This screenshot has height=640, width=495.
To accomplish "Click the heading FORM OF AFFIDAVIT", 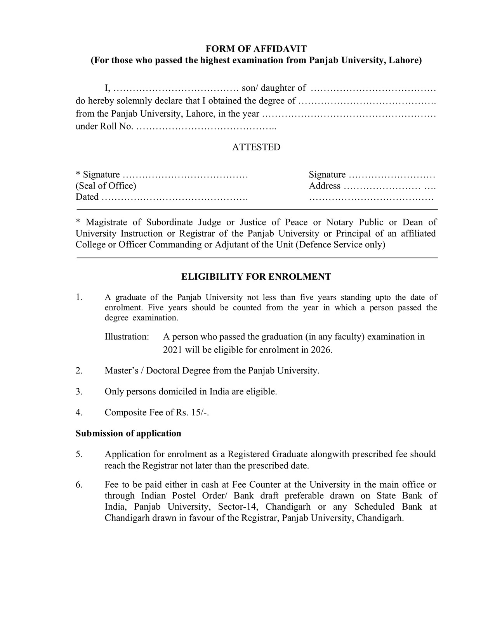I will pos(256,49).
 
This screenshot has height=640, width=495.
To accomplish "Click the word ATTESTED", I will pos(256,147).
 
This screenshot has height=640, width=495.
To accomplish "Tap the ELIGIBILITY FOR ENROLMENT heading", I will pos(256,277).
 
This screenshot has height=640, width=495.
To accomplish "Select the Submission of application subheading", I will pos(128,433).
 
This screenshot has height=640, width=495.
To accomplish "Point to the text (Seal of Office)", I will pos(106,186).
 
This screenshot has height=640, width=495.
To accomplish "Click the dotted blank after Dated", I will pos(174,197).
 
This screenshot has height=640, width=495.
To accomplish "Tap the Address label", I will pos(324,186).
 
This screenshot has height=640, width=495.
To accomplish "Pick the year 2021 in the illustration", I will pos(172,350).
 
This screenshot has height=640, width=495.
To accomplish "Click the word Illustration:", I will pos(127,337).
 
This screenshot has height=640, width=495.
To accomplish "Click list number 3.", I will pos(79,391).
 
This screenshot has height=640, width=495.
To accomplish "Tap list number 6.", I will pos(79,485).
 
